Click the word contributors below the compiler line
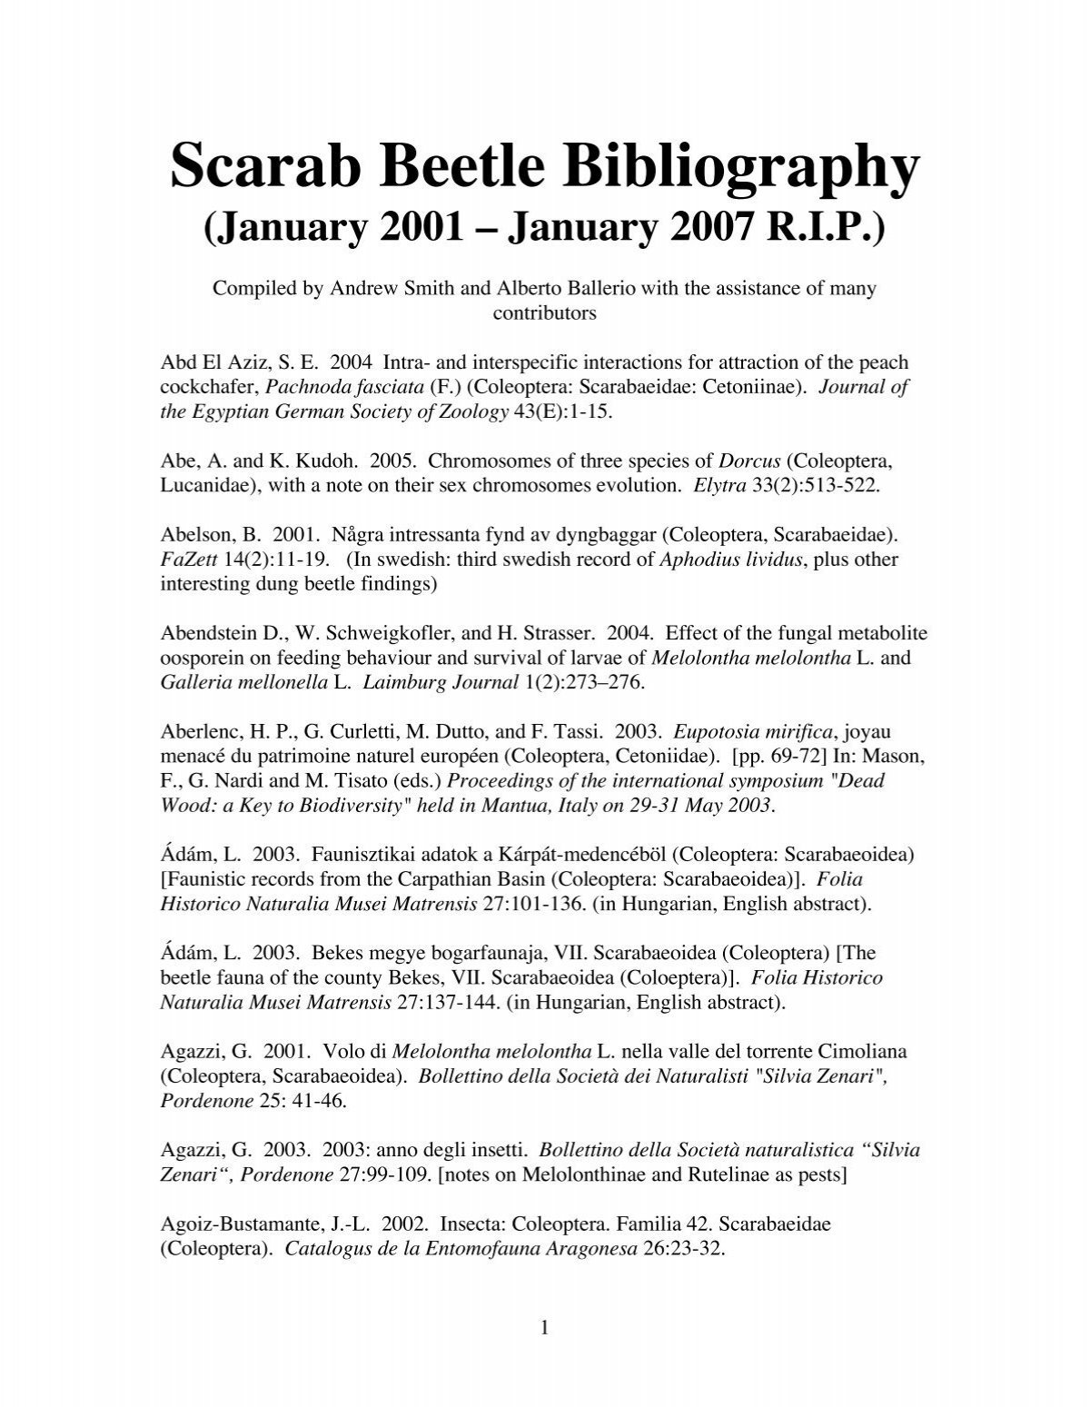(x=544, y=314)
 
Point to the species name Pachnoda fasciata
(x=358, y=387)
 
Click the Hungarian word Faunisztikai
(x=368, y=855)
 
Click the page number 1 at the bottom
(x=545, y=1329)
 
